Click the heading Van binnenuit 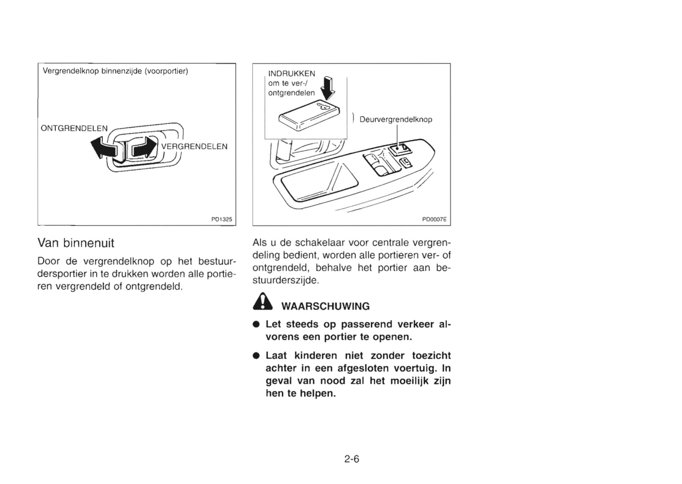(x=76, y=243)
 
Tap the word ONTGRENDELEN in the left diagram (x=74, y=128)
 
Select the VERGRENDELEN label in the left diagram (x=194, y=146)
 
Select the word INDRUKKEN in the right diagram (x=292, y=74)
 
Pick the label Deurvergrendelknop (x=396, y=119)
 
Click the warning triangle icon (x=262, y=302)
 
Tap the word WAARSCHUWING (x=325, y=306)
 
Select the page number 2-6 (x=352, y=459)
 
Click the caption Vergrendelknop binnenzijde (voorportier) (x=115, y=71)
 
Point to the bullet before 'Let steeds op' (x=255, y=325)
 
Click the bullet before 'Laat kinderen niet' (x=255, y=356)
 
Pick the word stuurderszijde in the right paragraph (x=286, y=280)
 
